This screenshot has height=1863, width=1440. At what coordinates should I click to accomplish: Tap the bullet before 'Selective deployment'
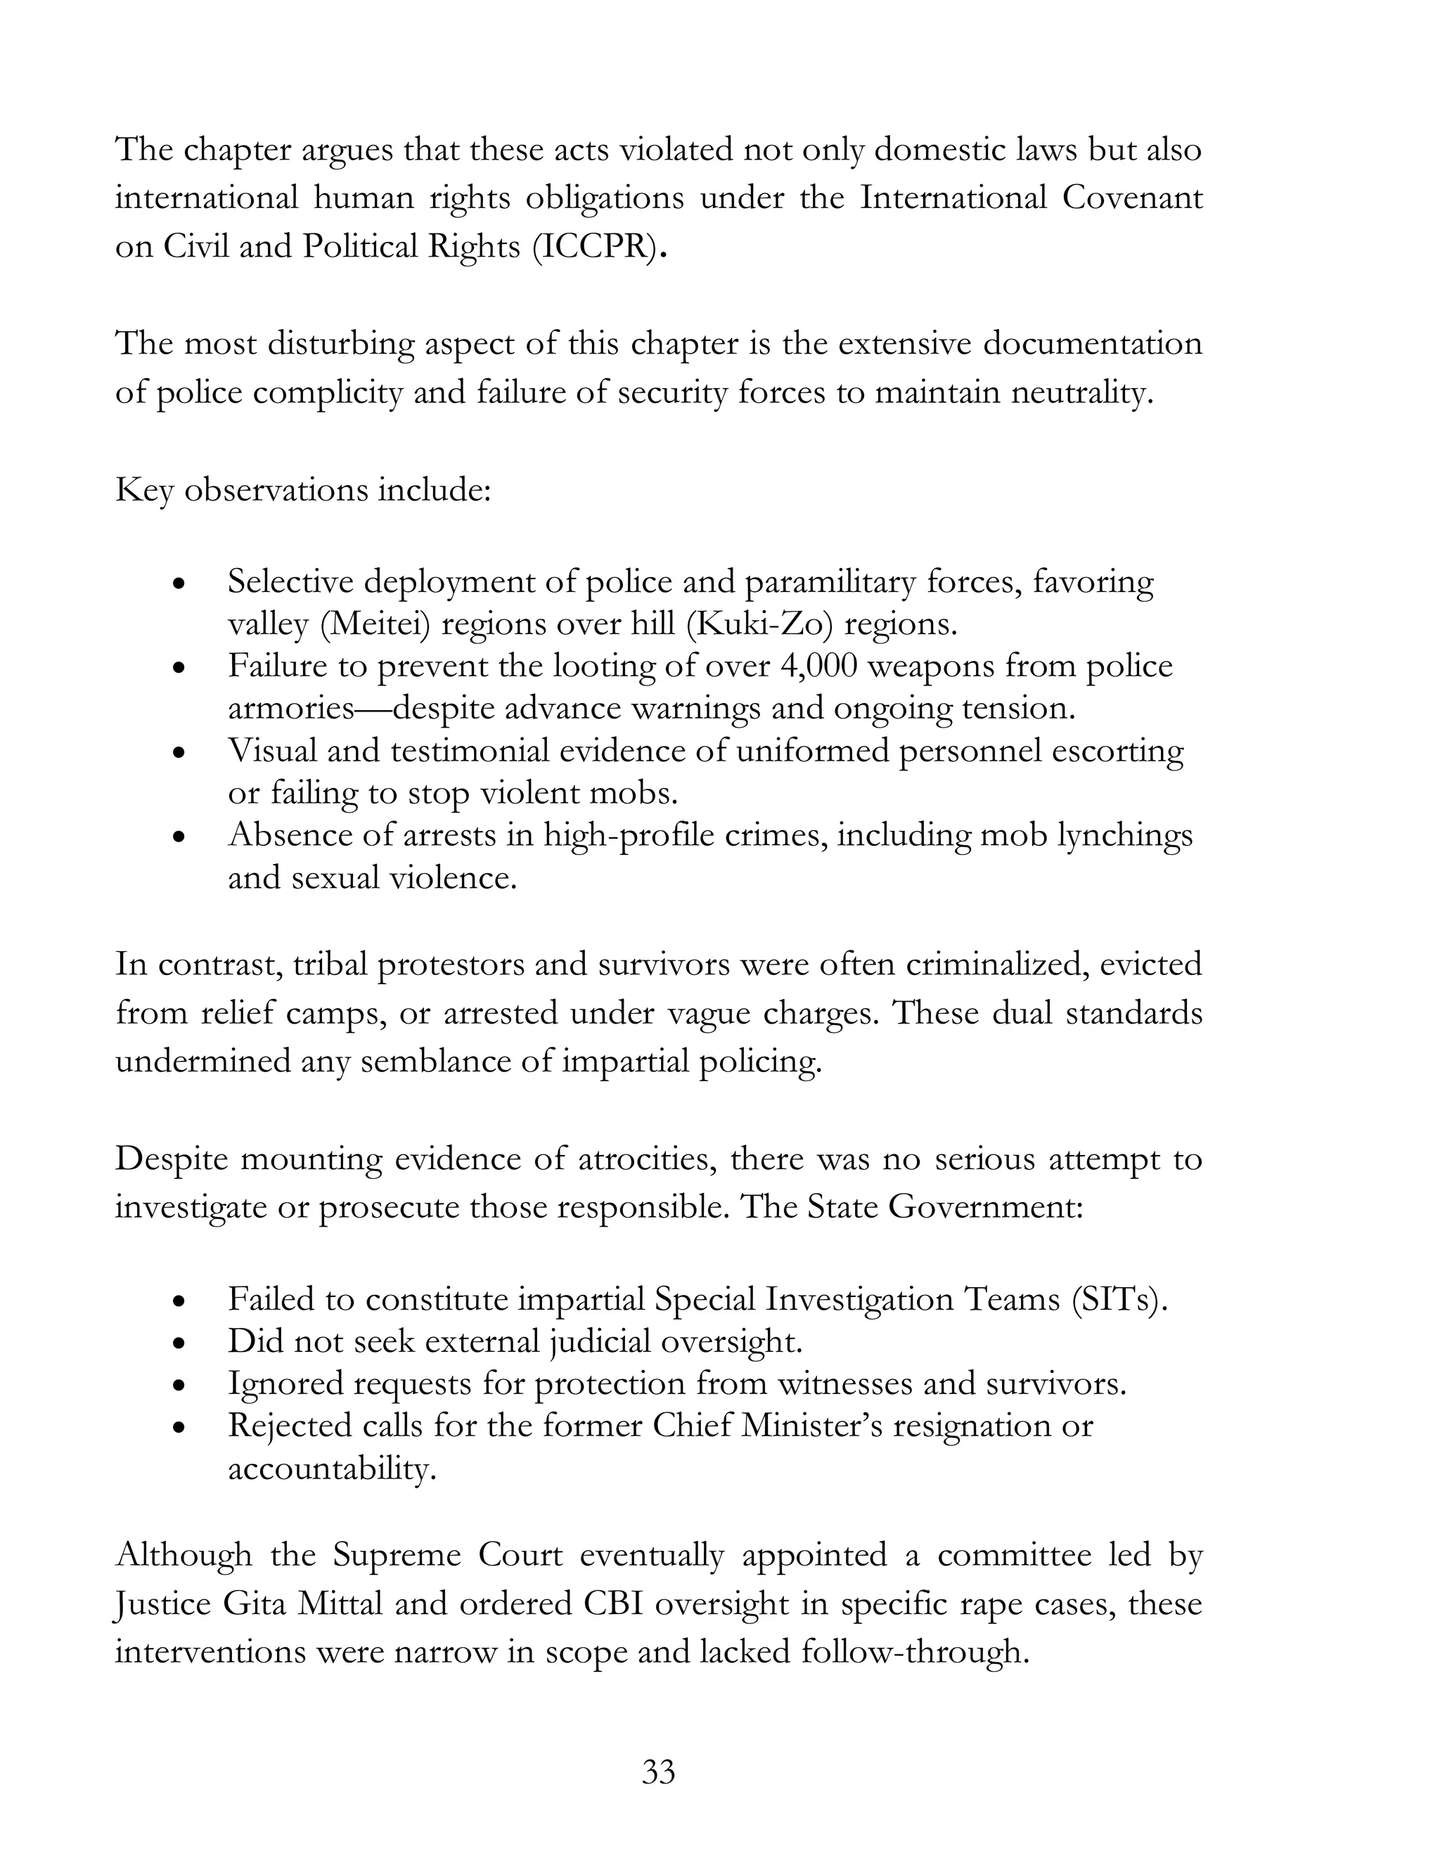pos(177,584)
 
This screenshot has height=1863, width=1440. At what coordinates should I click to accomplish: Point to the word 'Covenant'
pos(1132,198)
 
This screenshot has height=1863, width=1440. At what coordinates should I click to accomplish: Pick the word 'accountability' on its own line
pos(331,1469)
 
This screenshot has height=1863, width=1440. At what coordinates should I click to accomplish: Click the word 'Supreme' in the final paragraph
pos(397,1555)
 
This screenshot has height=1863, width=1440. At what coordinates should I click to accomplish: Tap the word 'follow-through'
pos(915,1652)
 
